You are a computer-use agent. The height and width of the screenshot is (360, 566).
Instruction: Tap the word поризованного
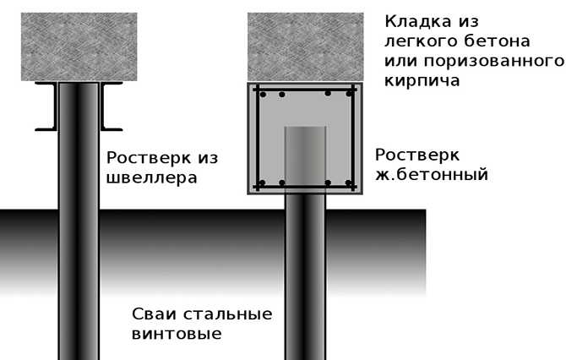pyautogui.click(x=494, y=62)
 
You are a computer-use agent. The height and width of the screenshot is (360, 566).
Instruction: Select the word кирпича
pyautogui.click(x=422, y=80)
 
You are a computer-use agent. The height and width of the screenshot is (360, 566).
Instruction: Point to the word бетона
pyautogui.click(x=497, y=41)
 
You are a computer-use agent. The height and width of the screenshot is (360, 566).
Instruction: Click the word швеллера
pyautogui.click(x=152, y=177)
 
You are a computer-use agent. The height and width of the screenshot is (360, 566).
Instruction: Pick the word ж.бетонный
pyautogui.click(x=432, y=175)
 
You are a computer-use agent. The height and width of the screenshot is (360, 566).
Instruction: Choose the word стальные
pyautogui.click(x=228, y=314)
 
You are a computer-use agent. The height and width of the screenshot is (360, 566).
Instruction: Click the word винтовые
pyautogui.click(x=177, y=334)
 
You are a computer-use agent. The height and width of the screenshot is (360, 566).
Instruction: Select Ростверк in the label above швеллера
pyautogui.click(x=149, y=158)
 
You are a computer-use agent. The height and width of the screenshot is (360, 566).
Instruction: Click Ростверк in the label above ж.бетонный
pyautogui.click(x=417, y=155)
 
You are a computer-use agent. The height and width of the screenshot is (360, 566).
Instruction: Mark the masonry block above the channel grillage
pyautogui.click(x=79, y=47)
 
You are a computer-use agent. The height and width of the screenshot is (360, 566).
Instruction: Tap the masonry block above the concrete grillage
pyautogui.click(x=305, y=47)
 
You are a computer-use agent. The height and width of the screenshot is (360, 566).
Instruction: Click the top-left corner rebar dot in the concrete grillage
pyautogui.click(x=263, y=95)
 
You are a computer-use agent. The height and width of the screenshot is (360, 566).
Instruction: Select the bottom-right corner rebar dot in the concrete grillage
pyautogui.click(x=349, y=183)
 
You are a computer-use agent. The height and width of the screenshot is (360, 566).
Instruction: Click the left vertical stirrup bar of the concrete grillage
pyautogui.click(x=258, y=138)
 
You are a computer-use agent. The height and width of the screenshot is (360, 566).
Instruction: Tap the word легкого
pyautogui.click(x=420, y=41)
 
